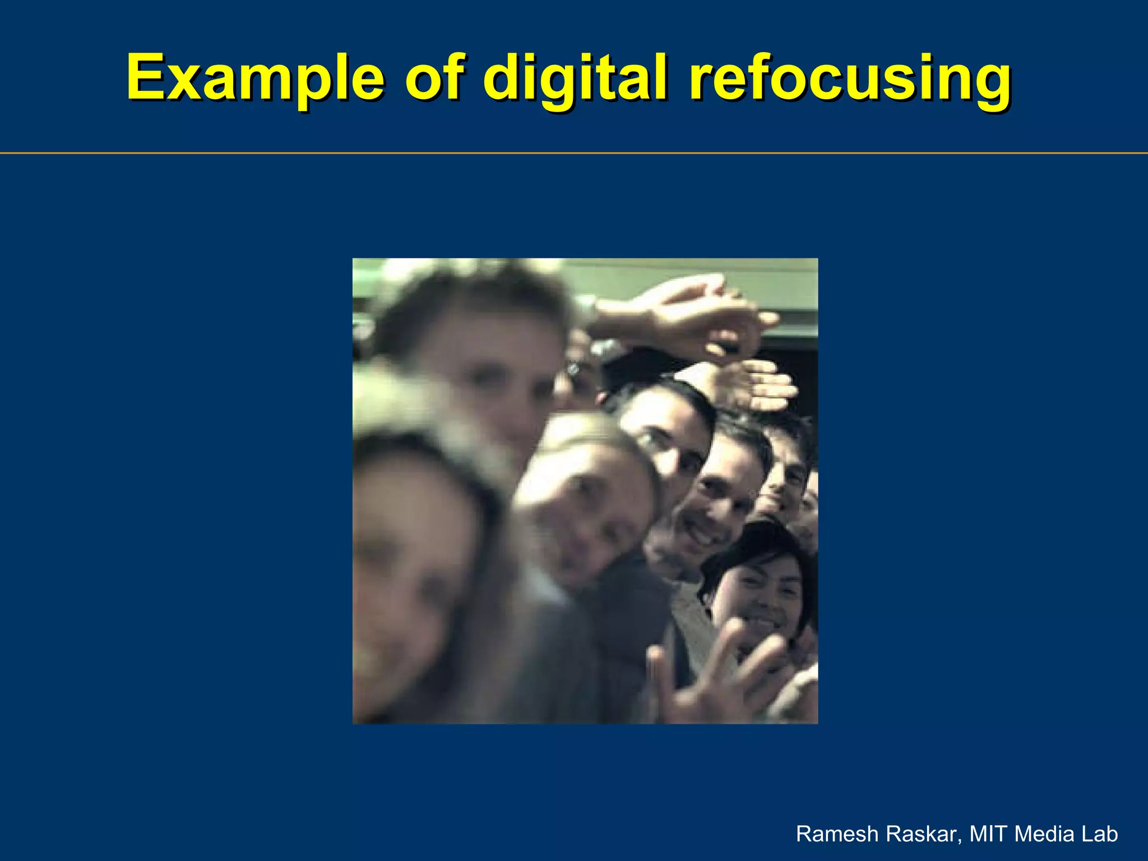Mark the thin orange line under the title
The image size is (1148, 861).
tap(574, 153)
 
